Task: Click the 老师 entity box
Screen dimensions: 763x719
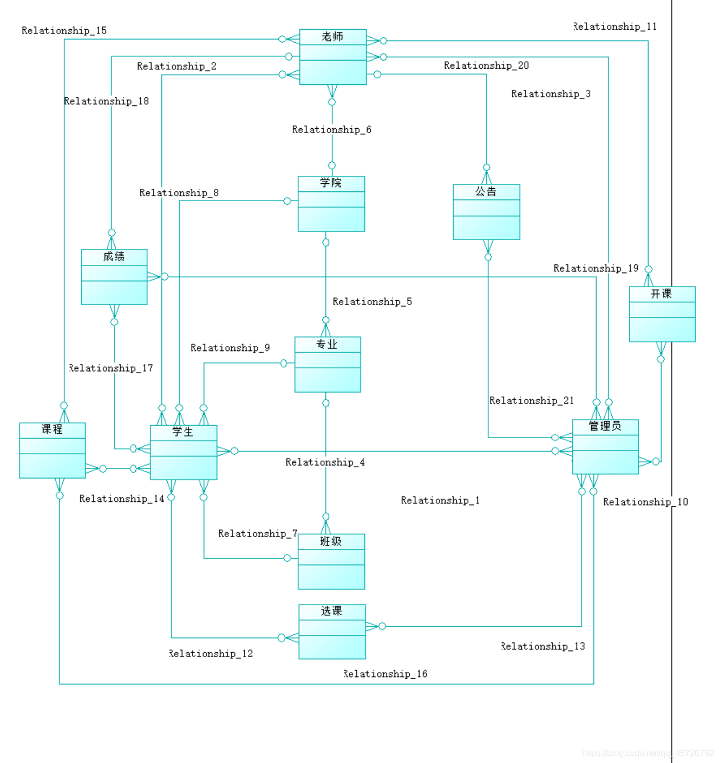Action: point(332,57)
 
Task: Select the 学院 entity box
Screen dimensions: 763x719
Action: point(331,204)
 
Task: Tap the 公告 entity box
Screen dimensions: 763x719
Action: point(486,212)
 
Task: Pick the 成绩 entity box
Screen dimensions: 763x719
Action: point(114,277)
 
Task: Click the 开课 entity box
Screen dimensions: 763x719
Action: point(662,314)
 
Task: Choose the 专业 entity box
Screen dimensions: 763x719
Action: point(328,364)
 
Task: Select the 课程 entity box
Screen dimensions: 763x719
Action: point(53,450)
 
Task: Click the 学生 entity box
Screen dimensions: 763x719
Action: point(184,453)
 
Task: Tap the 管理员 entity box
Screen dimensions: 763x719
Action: point(605,447)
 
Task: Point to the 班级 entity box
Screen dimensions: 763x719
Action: point(331,561)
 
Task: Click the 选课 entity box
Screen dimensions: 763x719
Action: point(332,632)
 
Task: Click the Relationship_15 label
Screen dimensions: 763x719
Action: point(64,31)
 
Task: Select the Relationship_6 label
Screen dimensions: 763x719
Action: point(331,130)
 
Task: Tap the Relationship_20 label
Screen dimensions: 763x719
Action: point(486,65)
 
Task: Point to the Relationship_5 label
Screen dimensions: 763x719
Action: point(372,302)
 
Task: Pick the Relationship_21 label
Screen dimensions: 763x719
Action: point(531,401)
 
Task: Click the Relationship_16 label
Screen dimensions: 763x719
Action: point(385,674)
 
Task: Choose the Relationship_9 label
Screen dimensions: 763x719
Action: point(230,348)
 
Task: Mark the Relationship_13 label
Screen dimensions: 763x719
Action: point(542,646)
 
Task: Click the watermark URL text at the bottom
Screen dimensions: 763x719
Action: point(648,753)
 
